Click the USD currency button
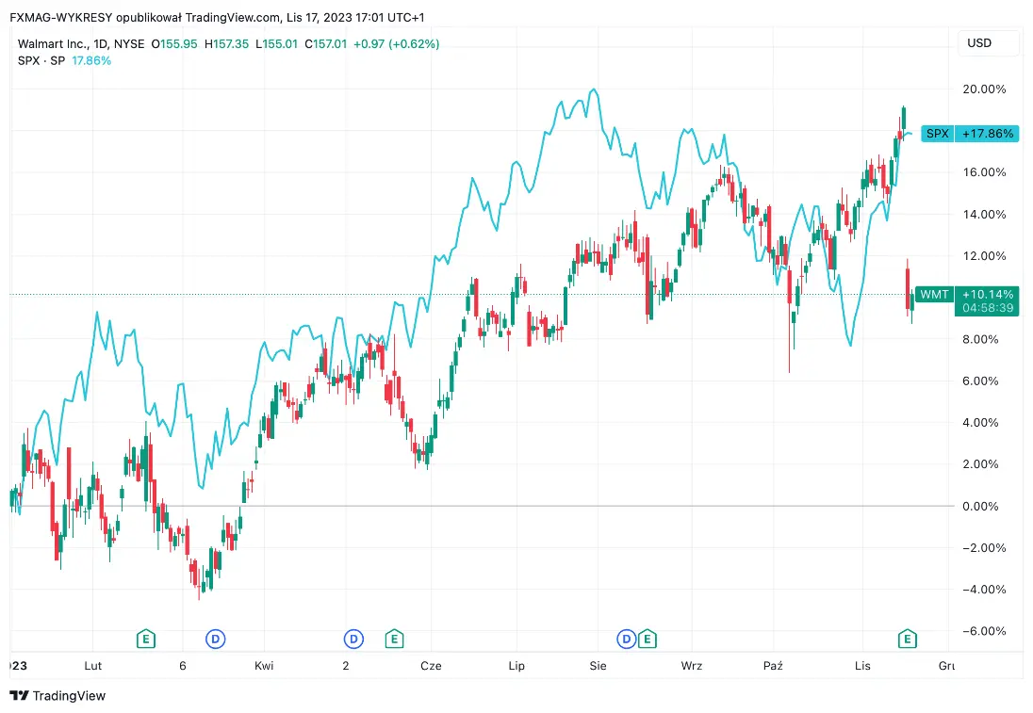[x=979, y=43]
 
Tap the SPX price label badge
[x=937, y=134]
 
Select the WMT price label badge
[x=934, y=295]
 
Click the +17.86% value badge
[x=987, y=134]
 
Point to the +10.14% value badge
[x=987, y=295]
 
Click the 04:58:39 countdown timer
[x=987, y=308]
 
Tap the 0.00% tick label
[x=984, y=507]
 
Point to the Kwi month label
[x=264, y=666]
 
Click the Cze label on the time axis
[x=431, y=666]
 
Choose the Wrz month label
[x=692, y=666]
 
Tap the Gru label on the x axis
[x=946, y=666]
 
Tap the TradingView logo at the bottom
[x=57, y=696]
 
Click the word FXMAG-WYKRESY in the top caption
[x=61, y=17]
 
